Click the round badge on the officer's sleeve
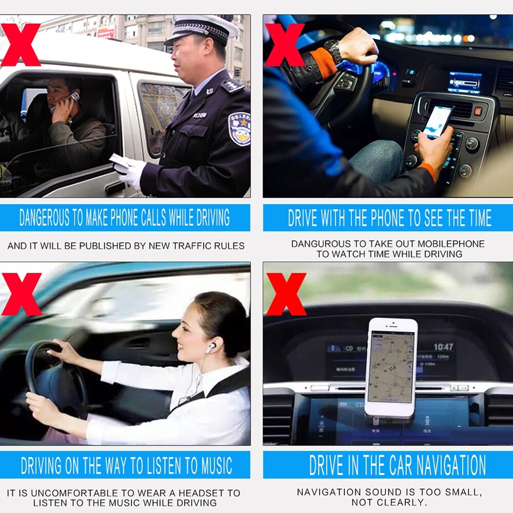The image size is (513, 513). point(240,128)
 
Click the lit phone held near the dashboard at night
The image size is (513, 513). point(438,121)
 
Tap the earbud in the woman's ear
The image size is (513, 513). point(211,347)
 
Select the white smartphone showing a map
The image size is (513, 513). point(391,367)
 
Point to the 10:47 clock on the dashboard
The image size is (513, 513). point(443,347)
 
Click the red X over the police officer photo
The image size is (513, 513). point(21,45)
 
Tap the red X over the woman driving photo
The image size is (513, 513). point(22,294)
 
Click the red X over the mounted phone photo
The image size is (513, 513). point(286,294)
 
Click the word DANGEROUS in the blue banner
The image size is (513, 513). point(45,218)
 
